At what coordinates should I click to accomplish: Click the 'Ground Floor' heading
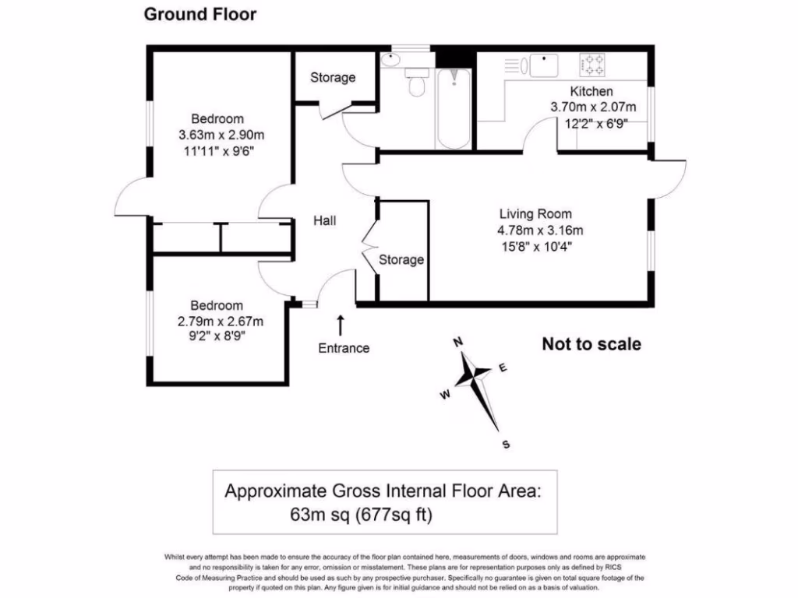pyautogui.click(x=200, y=15)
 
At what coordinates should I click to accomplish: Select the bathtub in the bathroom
pyautogui.click(x=453, y=106)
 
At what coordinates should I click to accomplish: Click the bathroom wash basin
pyautogui.click(x=391, y=60)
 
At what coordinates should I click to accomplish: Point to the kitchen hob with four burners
pyautogui.click(x=592, y=64)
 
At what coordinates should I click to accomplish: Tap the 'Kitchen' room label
pyautogui.click(x=591, y=92)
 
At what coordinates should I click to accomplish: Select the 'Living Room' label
pyautogui.click(x=535, y=214)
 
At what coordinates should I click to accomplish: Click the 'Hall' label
pyautogui.click(x=325, y=221)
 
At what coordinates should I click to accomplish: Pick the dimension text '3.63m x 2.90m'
pyautogui.click(x=217, y=135)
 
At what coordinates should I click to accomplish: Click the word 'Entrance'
pyautogui.click(x=344, y=348)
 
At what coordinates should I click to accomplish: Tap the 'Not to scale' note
pyautogui.click(x=591, y=344)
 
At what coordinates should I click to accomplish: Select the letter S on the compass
pyautogui.click(x=506, y=445)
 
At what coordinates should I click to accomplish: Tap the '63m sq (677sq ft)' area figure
pyautogui.click(x=362, y=515)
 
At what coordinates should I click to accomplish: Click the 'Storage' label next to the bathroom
pyautogui.click(x=333, y=77)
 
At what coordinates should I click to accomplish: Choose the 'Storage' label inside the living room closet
pyautogui.click(x=401, y=259)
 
